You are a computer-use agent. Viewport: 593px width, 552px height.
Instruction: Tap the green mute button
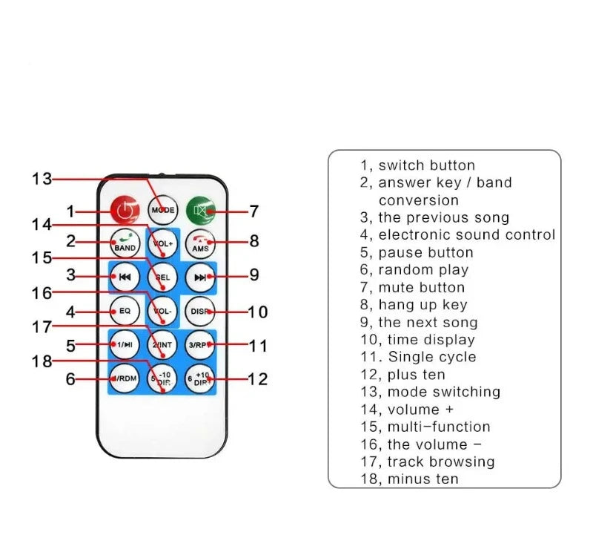(x=200, y=211)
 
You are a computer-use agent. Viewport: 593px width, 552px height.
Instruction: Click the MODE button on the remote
(x=162, y=211)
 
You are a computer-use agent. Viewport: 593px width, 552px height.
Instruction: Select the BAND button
(x=125, y=243)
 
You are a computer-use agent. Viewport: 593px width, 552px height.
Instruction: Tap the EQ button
(x=125, y=311)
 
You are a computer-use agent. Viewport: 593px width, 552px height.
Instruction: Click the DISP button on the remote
(x=199, y=311)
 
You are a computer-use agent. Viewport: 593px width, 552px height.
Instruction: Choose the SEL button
(x=162, y=277)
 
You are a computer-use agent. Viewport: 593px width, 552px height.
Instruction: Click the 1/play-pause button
(x=125, y=344)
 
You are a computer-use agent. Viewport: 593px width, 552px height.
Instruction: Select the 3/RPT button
(x=199, y=344)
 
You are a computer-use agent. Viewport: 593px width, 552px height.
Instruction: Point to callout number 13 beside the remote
(x=42, y=179)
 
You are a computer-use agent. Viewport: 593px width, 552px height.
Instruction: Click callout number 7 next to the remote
(x=254, y=211)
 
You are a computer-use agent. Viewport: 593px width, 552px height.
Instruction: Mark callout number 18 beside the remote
(x=42, y=361)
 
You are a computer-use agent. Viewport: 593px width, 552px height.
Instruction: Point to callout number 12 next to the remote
(x=257, y=379)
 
